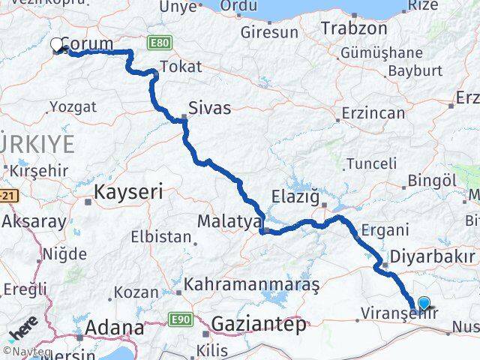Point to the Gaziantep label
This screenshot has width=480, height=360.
[259, 325]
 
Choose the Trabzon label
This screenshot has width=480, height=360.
[354, 28]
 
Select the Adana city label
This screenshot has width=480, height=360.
[115, 328]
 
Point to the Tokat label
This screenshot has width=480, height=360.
[181, 67]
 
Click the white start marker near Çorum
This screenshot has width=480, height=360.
[57, 45]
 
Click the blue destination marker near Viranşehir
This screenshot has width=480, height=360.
[424, 304]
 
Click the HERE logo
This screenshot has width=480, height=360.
[22, 329]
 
